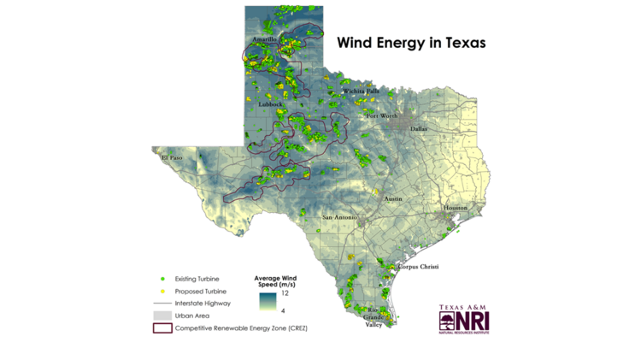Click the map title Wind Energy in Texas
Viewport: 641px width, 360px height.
[410, 42]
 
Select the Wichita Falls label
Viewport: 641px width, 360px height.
[360, 91]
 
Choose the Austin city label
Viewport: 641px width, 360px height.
[393, 198]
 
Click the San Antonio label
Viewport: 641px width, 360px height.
[338, 218]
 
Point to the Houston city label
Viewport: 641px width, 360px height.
[456, 208]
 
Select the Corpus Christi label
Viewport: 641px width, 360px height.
[418, 267]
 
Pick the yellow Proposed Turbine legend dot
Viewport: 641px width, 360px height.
[162, 292]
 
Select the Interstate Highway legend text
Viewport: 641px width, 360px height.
[203, 304]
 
